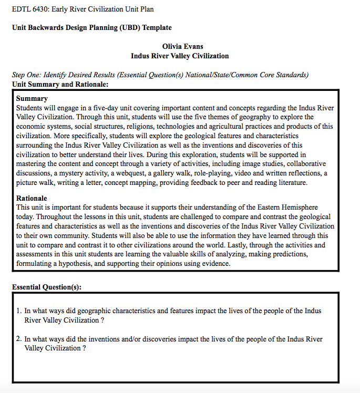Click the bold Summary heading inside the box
click(x=32, y=99)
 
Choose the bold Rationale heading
click(x=32, y=199)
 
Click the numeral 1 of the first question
click(x=19, y=311)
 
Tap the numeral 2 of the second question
click(x=19, y=339)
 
